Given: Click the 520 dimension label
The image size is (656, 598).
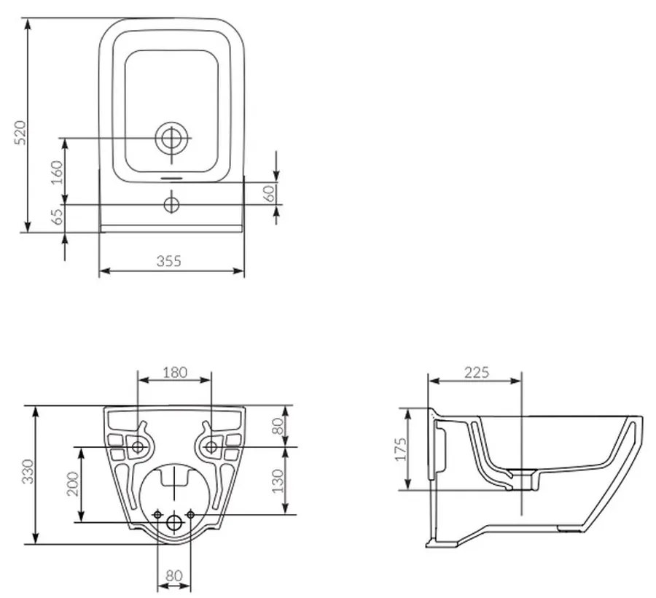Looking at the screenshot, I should pyautogui.click(x=21, y=132).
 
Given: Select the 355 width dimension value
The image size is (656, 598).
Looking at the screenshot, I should pyautogui.click(x=168, y=261).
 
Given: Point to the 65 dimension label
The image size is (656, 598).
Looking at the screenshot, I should pyautogui.click(x=57, y=217).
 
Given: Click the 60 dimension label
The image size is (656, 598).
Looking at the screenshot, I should pyautogui.click(x=269, y=193).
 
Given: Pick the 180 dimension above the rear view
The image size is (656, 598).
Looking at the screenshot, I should pyautogui.click(x=174, y=372).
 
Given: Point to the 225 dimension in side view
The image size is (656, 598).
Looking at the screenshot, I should pyautogui.click(x=476, y=372).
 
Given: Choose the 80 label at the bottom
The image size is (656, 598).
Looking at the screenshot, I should pyautogui.click(x=173, y=575).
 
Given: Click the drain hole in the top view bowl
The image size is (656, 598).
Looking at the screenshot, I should pyautogui.click(x=171, y=137).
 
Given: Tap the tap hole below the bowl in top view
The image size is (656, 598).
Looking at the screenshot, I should pyautogui.click(x=171, y=204).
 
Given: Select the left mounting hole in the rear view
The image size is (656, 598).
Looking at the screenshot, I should pyautogui.click(x=138, y=446).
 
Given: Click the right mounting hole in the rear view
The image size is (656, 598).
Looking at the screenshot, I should pyautogui.click(x=211, y=446).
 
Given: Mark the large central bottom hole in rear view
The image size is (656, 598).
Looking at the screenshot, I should pyautogui.click(x=174, y=522).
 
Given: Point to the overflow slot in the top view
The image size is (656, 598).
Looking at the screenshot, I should pyautogui.click(x=171, y=176).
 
